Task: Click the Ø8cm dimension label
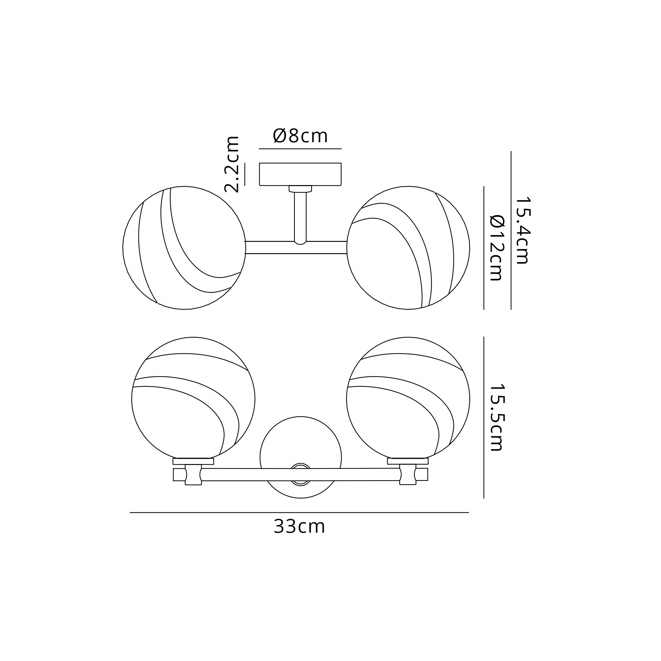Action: [x=300, y=136]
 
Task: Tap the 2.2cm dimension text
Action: [x=232, y=164]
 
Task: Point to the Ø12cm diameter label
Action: [x=497, y=248]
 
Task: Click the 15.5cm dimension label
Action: [x=497, y=417]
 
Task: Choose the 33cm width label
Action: [x=299, y=526]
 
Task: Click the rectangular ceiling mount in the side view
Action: [x=300, y=174]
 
